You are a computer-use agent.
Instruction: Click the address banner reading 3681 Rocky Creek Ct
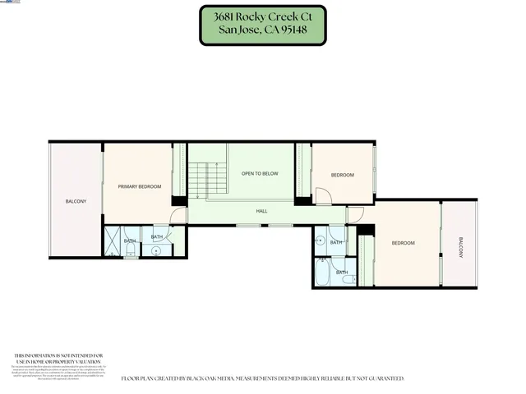tap(262, 25)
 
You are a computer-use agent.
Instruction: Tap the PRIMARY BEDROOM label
tap(139, 187)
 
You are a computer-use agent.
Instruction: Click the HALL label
tap(261, 212)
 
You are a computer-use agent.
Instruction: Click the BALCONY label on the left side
tap(76, 201)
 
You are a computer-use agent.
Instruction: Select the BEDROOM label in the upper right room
tap(342, 176)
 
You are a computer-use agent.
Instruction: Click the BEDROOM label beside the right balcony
tap(403, 243)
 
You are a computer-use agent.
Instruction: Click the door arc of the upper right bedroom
tap(323, 197)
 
